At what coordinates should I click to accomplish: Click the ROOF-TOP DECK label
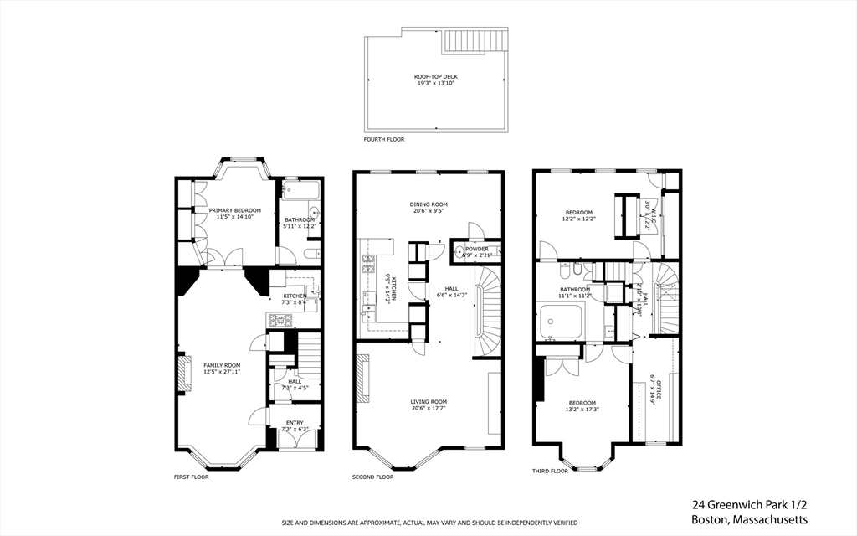point(435,77)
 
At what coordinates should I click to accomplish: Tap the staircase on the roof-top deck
point(475,40)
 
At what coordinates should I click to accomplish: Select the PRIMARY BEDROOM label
point(235,210)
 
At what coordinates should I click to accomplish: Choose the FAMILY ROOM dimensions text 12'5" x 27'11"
point(222,371)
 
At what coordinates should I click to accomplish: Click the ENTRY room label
point(295,422)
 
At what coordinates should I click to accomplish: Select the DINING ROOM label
point(428,204)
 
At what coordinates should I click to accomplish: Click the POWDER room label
point(477,248)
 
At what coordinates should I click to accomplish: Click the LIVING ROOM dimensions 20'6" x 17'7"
point(428,409)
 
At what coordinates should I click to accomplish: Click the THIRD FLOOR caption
point(550,471)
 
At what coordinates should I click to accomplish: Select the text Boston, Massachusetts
point(750,519)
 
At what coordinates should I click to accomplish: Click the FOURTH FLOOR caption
point(383,139)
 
